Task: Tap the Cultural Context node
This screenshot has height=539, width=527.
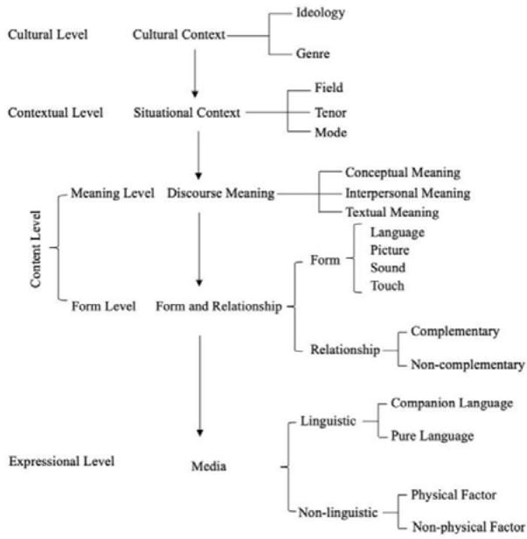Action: (179, 35)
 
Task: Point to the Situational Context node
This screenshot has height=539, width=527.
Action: (186, 113)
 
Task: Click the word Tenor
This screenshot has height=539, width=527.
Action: (329, 113)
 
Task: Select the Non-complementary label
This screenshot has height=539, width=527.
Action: (468, 365)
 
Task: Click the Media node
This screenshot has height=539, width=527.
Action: (209, 466)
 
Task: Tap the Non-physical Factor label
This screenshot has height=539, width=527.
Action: (468, 526)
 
